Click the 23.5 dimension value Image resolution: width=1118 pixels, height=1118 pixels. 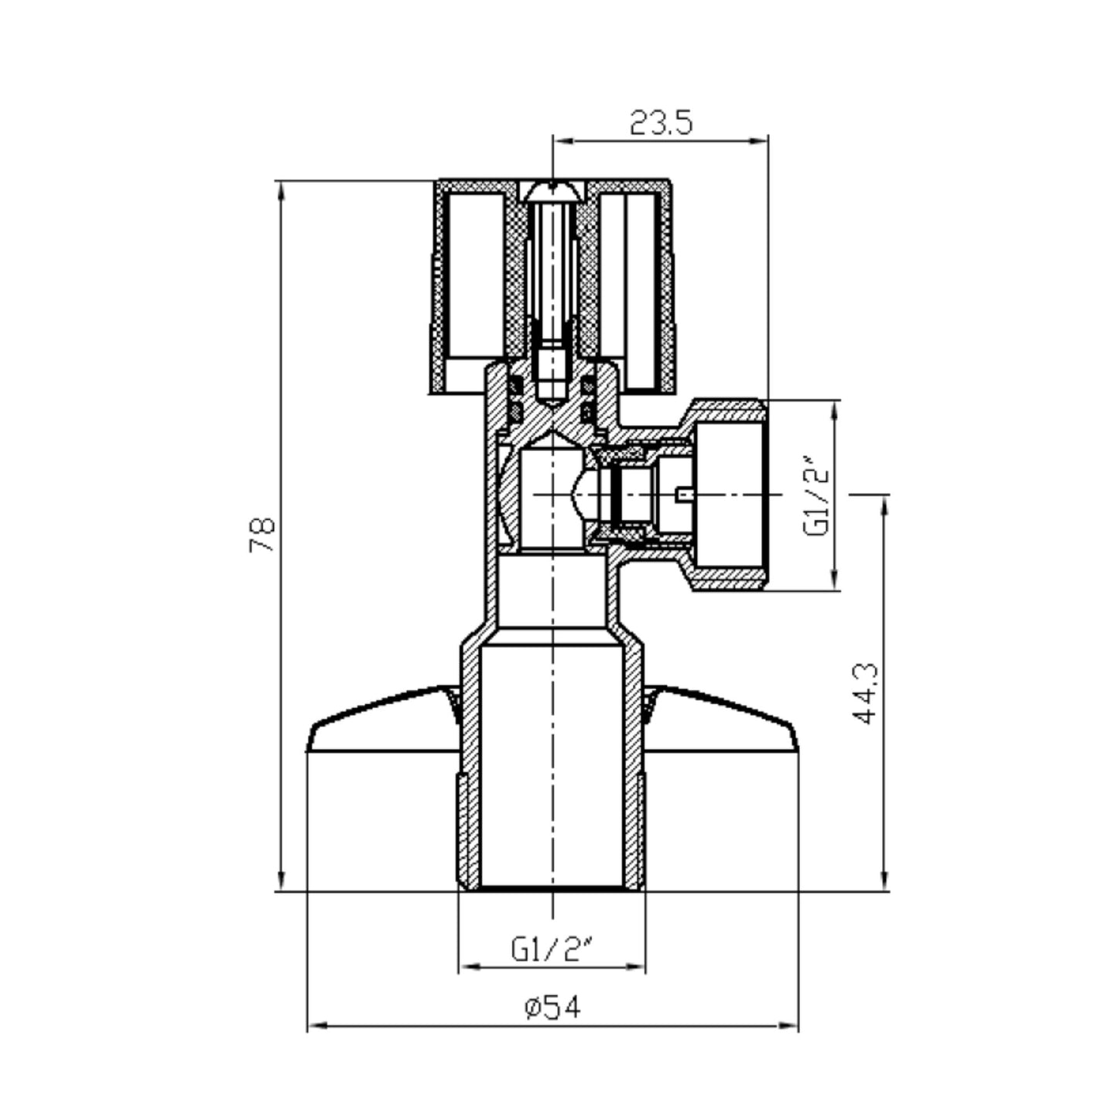point(662,123)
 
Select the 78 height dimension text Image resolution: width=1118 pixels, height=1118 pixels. point(262,535)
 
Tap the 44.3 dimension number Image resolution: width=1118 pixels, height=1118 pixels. point(866,693)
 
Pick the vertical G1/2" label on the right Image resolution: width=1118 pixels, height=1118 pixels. point(817,495)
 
